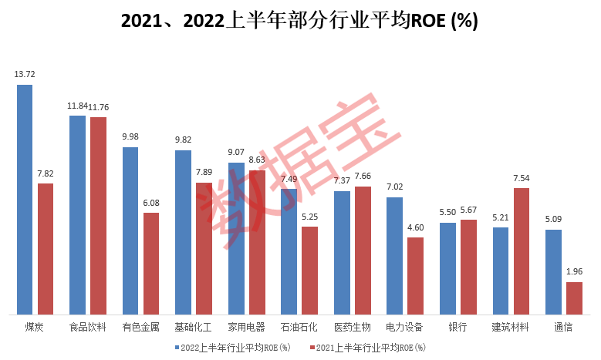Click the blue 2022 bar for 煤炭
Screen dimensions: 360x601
pyautogui.click(x=25, y=200)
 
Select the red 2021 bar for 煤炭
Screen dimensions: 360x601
pyautogui.click(x=46, y=249)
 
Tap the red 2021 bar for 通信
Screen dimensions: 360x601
pyautogui.click(x=574, y=298)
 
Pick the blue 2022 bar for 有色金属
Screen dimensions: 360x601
pyautogui.click(x=130, y=230)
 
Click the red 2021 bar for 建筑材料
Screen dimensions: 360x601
pyautogui.click(x=522, y=251)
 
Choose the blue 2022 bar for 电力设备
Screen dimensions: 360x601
pyautogui.click(x=394, y=256)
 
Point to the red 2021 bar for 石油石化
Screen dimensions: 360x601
pyautogui.click(x=309, y=271)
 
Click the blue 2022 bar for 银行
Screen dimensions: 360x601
pyautogui.click(x=447, y=268)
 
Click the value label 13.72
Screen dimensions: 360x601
pyautogui.click(x=25, y=75)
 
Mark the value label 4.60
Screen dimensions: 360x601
pyautogui.click(x=416, y=227)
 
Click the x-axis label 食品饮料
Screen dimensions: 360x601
pyautogui.click(x=88, y=327)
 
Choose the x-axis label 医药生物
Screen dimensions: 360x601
pyautogui.click(x=352, y=327)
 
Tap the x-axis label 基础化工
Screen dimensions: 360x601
pyautogui.click(x=194, y=327)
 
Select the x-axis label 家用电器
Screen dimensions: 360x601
pyautogui.click(x=246, y=327)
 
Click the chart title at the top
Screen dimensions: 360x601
pyautogui.click(x=300, y=21)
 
